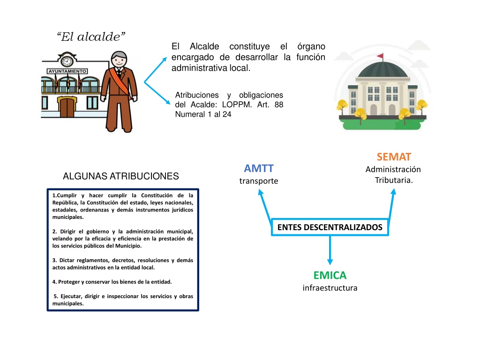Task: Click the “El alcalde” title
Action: (x=91, y=37)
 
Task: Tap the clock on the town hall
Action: (x=67, y=60)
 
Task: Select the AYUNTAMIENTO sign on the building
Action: (x=67, y=71)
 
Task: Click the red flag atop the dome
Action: (x=380, y=56)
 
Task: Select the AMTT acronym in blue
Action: (x=259, y=168)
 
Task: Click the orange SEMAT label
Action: (x=394, y=157)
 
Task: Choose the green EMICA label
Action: (x=330, y=275)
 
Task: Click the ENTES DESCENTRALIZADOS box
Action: (x=330, y=227)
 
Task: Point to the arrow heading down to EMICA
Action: (x=330, y=250)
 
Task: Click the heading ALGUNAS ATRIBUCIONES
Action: (x=121, y=176)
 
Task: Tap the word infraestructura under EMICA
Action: (x=330, y=288)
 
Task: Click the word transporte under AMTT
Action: (x=259, y=181)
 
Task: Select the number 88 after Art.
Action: (x=278, y=105)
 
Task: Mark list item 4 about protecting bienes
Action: (x=112, y=282)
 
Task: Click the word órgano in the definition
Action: (x=311, y=46)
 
